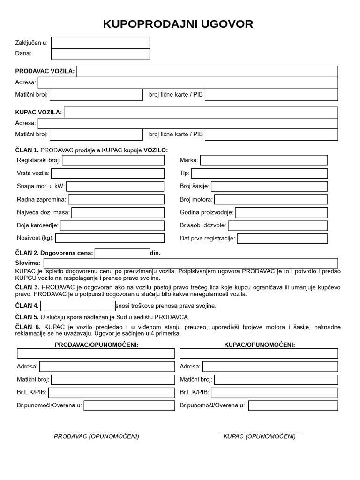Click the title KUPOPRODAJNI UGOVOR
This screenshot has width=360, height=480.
click(178, 24)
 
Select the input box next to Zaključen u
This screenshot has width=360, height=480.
click(100, 43)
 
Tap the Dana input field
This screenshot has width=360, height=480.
click(100, 54)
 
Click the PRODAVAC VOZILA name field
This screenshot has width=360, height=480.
click(207, 71)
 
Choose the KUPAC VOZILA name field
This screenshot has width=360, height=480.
click(201, 112)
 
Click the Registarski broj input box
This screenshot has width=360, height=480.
click(113, 161)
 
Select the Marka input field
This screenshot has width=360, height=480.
click(264, 161)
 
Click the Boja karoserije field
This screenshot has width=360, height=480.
click(112, 225)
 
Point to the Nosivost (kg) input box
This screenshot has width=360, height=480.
click(110, 238)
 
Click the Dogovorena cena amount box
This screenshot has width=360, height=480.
click(122, 253)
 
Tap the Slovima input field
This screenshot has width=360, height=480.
click(190, 263)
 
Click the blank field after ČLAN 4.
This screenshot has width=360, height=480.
click(78, 306)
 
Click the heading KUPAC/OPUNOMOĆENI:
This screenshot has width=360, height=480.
click(260, 345)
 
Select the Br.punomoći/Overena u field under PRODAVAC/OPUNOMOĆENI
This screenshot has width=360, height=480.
click(129, 405)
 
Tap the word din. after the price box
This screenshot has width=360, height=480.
click(155, 253)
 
